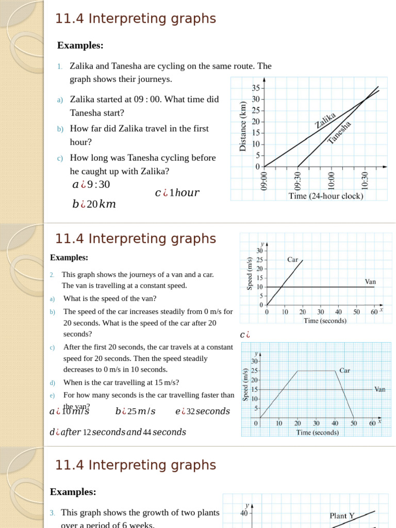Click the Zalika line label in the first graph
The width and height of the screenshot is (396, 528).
click(326, 120)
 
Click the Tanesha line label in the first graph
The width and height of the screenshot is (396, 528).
click(339, 133)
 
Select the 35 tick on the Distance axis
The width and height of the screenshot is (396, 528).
click(256, 88)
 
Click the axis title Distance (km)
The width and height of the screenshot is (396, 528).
click(243, 126)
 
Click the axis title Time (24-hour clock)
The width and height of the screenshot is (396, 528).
click(326, 196)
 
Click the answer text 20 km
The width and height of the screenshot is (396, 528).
click(94, 204)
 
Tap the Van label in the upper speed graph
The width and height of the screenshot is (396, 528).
click(370, 282)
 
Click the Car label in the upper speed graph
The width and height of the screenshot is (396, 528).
click(293, 260)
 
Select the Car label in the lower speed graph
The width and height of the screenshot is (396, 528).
click(345, 370)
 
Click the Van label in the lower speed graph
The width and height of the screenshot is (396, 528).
click(379, 389)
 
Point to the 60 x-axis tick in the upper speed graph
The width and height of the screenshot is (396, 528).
click(374, 312)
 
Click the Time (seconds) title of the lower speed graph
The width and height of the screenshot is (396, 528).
click(317, 433)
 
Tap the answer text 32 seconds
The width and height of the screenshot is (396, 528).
click(203, 411)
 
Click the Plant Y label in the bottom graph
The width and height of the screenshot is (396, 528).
click(342, 516)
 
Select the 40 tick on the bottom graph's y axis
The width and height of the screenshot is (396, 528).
click(245, 513)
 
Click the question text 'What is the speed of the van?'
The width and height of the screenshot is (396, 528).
click(110, 299)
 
